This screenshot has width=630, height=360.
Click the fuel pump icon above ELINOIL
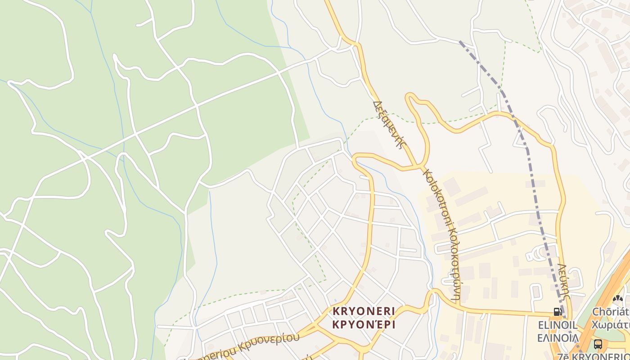558,311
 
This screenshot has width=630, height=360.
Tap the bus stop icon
598,344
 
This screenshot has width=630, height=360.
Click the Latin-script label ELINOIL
558,325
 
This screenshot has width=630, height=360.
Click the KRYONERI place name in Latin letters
364,311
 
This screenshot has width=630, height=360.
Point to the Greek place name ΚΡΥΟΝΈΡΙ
364,324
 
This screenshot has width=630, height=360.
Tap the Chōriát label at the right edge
611,312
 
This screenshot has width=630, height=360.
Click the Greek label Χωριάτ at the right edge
611,325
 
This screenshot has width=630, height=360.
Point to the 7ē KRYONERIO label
594,356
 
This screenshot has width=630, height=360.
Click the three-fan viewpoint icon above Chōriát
618,298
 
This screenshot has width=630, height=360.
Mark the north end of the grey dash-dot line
460,42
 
